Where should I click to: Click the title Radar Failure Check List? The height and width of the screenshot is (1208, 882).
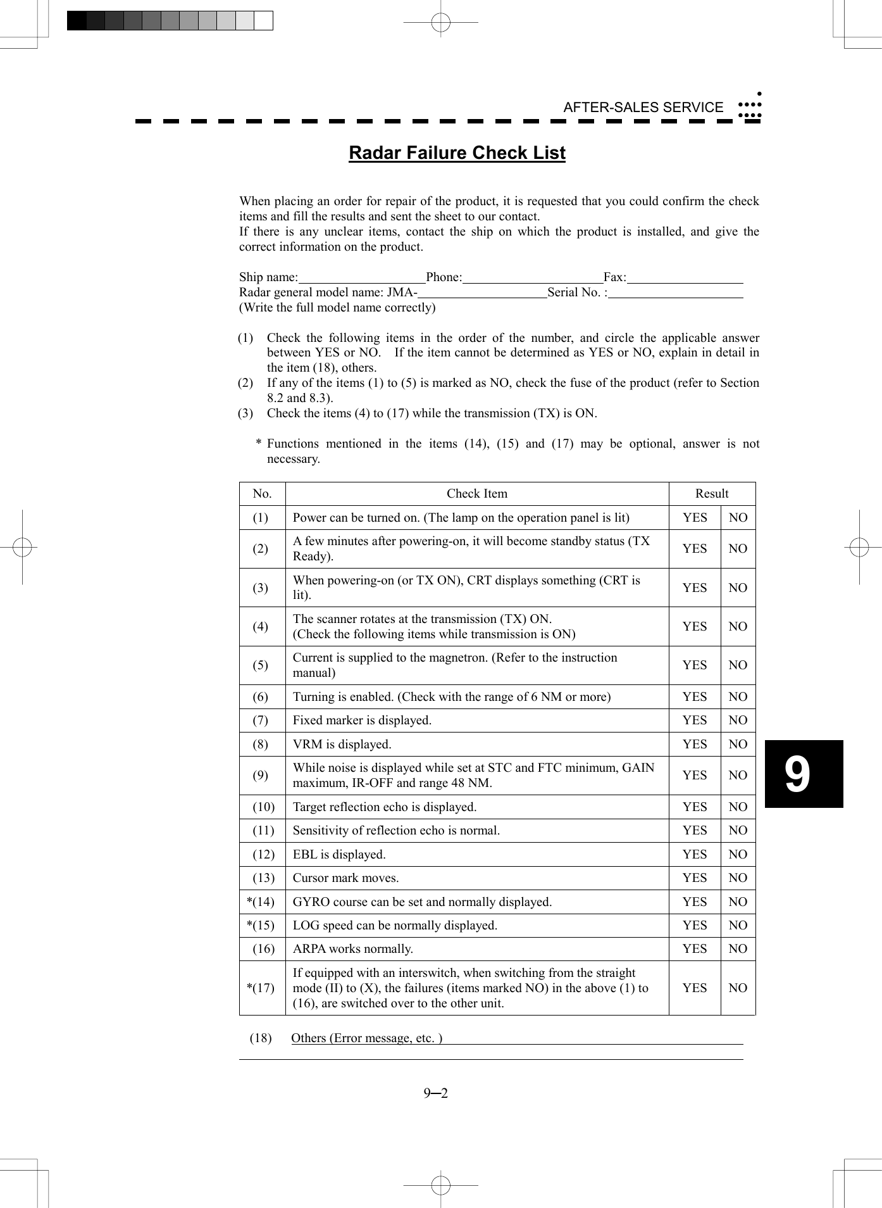(x=457, y=153)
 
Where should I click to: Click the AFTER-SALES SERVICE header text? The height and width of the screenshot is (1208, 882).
(x=643, y=108)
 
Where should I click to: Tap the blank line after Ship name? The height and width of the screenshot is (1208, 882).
(x=361, y=278)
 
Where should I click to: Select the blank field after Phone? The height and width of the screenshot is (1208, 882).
(x=532, y=278)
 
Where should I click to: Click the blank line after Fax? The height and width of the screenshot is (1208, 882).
(x=685, y=278)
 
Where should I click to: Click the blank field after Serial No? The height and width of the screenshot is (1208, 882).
(x=675, y=293)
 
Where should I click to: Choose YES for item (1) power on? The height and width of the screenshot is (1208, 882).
(x=695, y=518)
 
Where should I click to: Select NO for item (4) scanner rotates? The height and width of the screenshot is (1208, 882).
(x=738, y=627)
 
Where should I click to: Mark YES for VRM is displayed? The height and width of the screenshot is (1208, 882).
(x=695, y=745)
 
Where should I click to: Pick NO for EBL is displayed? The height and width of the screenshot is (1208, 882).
(x=738, y=855)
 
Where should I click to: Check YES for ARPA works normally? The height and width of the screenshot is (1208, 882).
(x=695, y=949)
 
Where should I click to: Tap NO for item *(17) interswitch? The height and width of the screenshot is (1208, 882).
(x=738, y=988)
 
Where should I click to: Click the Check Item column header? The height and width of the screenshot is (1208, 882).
(x=476, y=494)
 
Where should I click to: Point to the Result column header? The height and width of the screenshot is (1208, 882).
(x=712, y=494)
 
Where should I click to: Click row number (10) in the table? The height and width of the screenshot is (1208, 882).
(x=263, y=807)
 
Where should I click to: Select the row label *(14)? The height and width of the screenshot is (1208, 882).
(x=261, y=902)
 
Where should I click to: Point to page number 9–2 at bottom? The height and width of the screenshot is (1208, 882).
(x=436, y=1093)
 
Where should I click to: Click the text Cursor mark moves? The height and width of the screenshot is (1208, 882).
(x=345, y=878)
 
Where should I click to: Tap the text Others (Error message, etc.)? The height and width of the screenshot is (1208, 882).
(x=366, y=1038)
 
